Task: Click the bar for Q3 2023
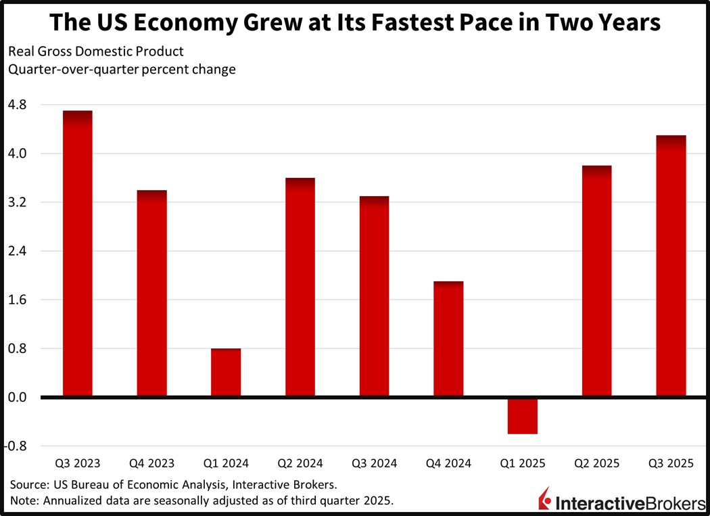pyautogui.click(x=77, y=254)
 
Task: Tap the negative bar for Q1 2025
pyautogui.click(x=523, y=416)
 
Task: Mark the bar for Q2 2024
pyautogui.click(x=300, y=287)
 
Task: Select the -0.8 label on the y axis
pyautogui.click(x=17, y=446)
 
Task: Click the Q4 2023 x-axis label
pyautogui.click(x=151, y=464)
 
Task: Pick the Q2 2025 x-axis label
pyautogui.click(x=598, y=464)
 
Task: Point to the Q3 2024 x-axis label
pyautogui.click(x=375, y=464)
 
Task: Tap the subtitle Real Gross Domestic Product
pyautogui.click(x=95, y=51)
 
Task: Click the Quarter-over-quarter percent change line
pyautogui.click(x=122, y=70)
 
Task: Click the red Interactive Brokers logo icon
pyautogui.click(x=544, y=500)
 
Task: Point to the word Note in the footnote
pyautogui.click(x=24, y=501)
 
